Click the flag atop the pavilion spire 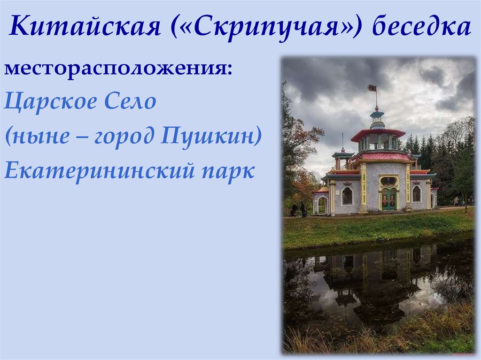pos(372,88)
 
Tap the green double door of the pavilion pos(388,199)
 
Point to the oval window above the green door pos(388,181)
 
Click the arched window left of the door pos(347,196)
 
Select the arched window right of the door pos(416,194)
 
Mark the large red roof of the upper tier pos(378,133)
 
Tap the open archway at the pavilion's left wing pos(322,205)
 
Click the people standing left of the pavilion pos(298,209)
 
